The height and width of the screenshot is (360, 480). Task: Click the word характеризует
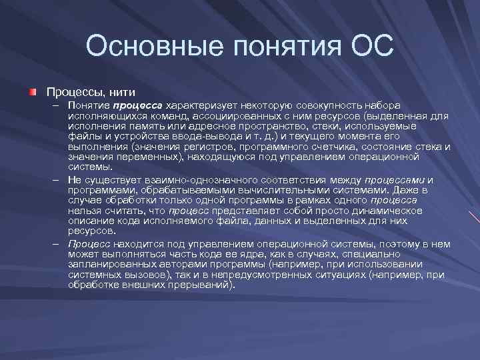coord(201,106)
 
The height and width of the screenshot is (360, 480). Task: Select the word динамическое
coord(391,211)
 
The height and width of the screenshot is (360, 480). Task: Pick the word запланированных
coord(106,265)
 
